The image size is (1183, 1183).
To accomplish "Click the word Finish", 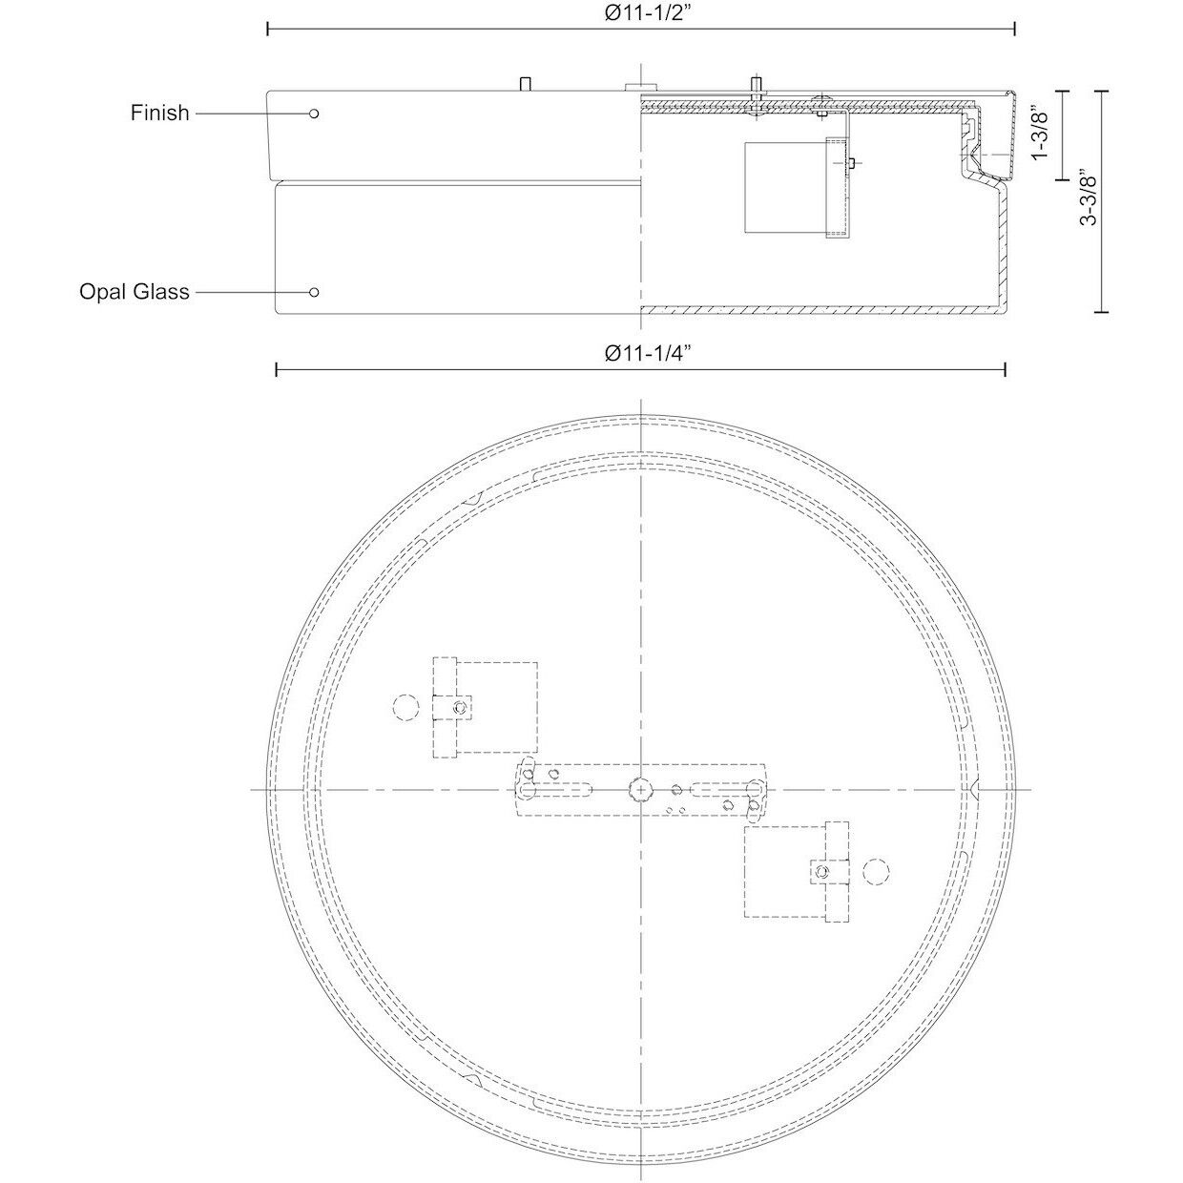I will point(160,113).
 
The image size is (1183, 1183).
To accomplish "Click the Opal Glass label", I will point(135,291).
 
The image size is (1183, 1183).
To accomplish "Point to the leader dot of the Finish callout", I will point(314,114).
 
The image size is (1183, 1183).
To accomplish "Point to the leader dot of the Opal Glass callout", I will point(314,291).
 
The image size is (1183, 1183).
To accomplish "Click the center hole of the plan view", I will point(639,789).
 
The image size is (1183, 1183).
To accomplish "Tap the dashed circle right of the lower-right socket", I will point(875,871).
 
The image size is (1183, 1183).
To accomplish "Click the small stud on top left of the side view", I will point(524,84).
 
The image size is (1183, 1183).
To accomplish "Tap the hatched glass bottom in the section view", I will point(820,310).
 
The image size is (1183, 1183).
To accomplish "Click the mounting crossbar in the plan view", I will point(639,789).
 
